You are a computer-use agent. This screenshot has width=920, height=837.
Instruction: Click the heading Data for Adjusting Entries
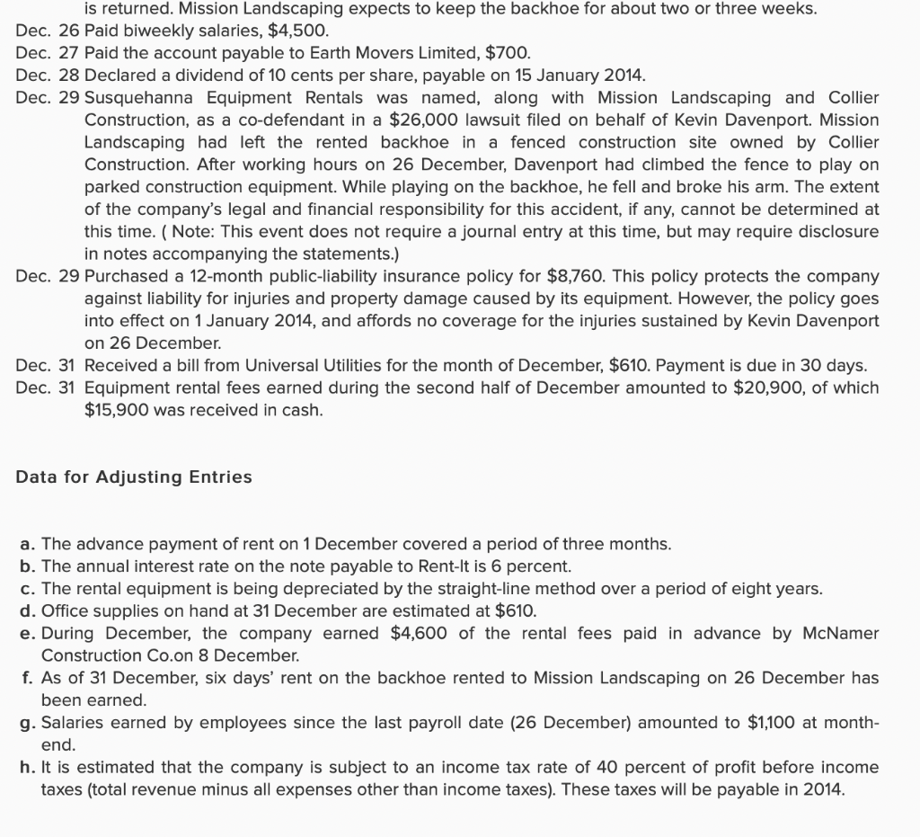134,477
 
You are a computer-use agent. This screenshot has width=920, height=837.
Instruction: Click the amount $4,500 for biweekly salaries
292,31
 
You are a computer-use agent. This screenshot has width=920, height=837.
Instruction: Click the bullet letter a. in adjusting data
28,545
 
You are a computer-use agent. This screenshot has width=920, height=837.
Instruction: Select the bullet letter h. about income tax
28,768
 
